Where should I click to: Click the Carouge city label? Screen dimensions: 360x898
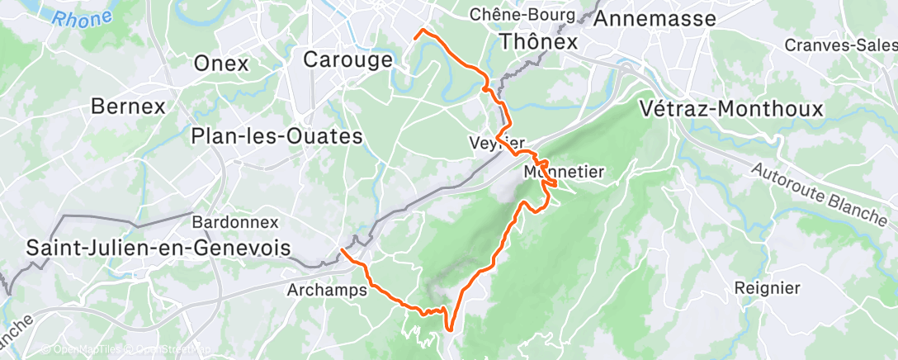pyautogui.click(x=347, y=59)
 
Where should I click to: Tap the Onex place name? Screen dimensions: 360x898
pyautogui.click(x=220, y=63)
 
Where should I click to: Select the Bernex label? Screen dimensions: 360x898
pyautogui.click(x=128, y=107)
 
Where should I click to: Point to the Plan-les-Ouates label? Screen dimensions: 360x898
pyautogui.click(x=277, y=136)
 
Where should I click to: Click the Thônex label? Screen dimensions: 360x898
pyautogui.click(x=539, y=41)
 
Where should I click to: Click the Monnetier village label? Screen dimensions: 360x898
pyautogui.click(x=565, y=172)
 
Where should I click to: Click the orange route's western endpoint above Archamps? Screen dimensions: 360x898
pyautogui.click(x=343, y=249)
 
